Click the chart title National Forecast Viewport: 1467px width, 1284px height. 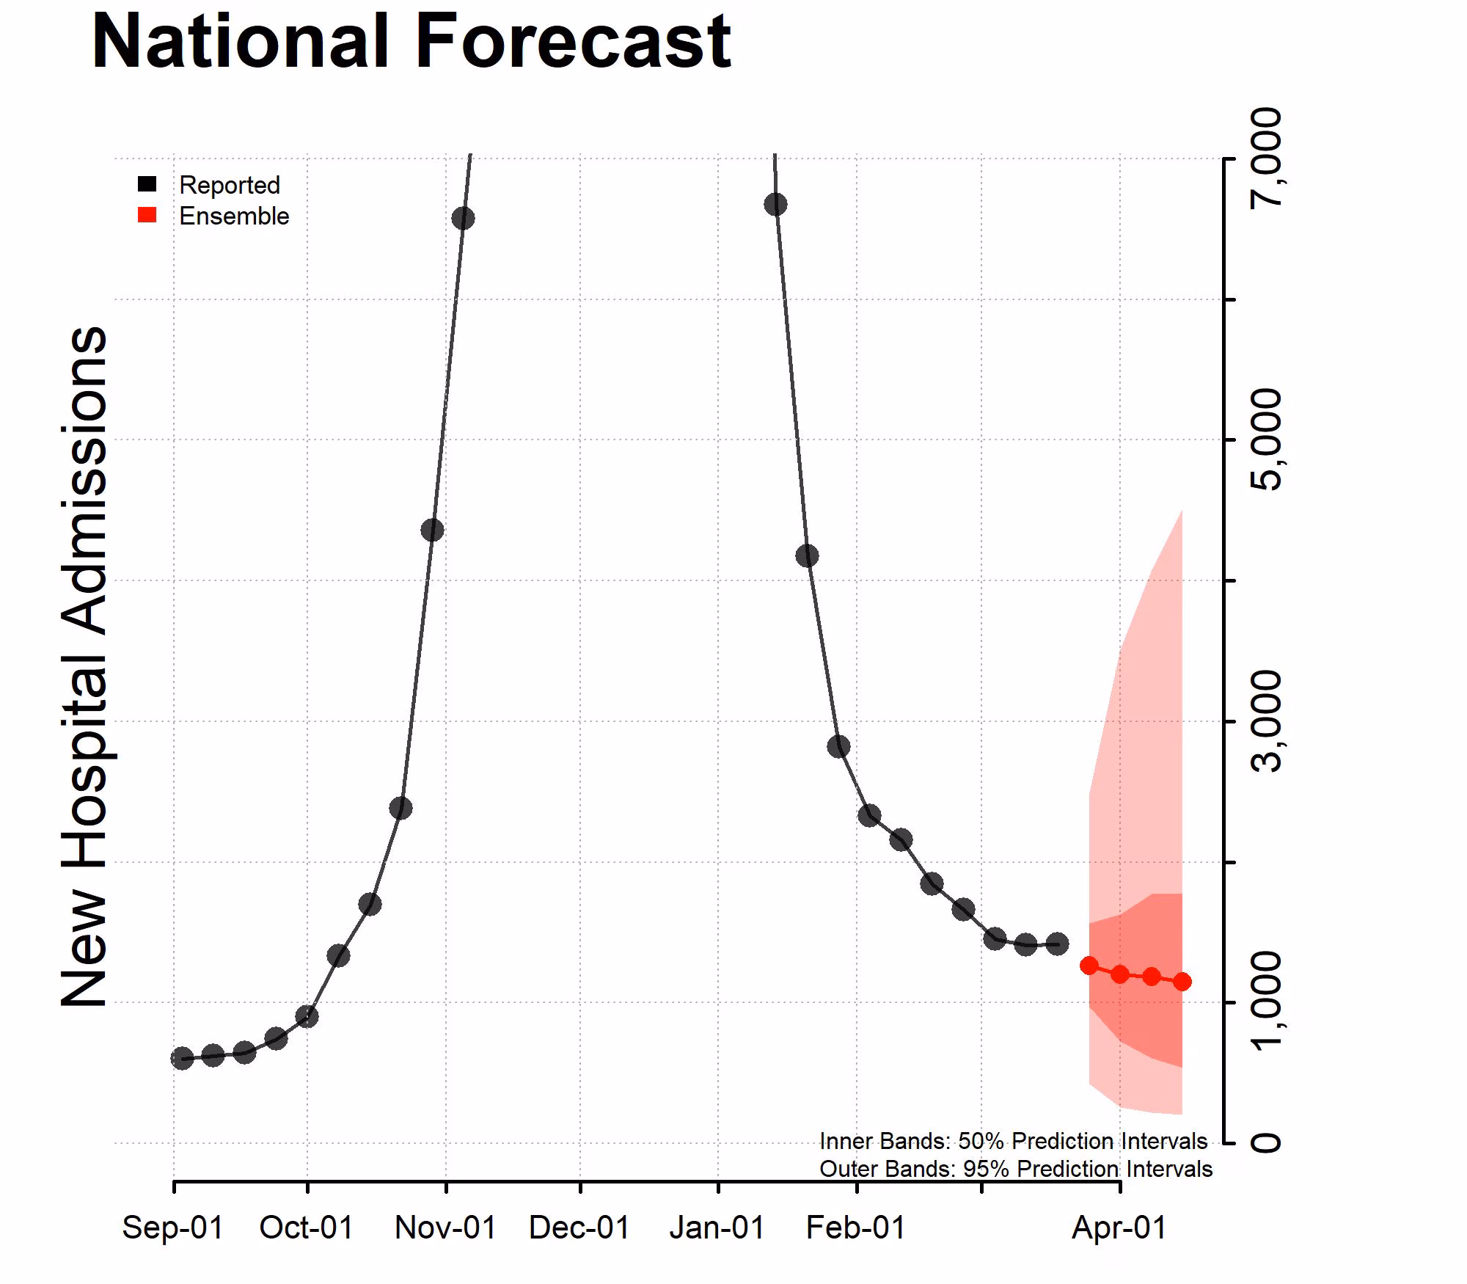pos(411,43)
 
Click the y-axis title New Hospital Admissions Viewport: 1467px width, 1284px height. pos(84,666)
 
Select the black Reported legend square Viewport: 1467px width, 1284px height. pos(147,184)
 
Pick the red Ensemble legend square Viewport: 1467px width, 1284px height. pos(147,215)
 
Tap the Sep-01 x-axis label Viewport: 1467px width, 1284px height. pos(173,1228)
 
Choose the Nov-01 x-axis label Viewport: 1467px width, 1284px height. pos(445,1228)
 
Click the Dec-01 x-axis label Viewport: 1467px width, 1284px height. pos(579,1228)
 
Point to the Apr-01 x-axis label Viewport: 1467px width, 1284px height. pos(1119,1228)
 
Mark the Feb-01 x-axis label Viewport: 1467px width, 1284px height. pos(856,1228)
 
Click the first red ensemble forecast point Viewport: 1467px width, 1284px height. pos(1089,966)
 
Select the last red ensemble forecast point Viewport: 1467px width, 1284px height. pos(1182,982)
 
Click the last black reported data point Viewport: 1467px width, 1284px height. pos(1057,944)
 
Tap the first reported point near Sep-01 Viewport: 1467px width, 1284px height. pos(182,1058)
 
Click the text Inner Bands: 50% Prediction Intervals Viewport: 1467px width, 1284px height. pos(1013,1141)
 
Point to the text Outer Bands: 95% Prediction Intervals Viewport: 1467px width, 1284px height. pos(1015,1169)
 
